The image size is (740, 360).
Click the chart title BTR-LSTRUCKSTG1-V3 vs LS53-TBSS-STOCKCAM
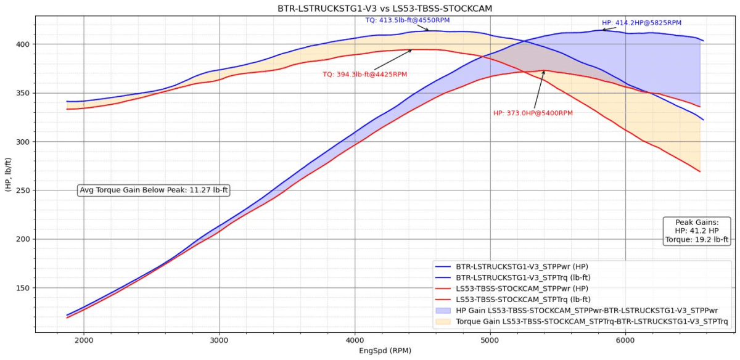369,9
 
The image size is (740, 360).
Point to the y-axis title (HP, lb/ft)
8,174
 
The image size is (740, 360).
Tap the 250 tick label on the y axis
22,190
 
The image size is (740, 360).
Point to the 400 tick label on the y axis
22,44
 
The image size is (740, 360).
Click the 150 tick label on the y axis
22,288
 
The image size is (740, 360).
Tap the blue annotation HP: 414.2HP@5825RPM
641,23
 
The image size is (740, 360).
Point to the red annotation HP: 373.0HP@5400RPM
533,113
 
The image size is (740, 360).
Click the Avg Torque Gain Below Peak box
154,190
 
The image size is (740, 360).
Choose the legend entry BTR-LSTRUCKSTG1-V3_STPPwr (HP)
520,266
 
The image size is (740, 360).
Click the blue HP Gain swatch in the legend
444,311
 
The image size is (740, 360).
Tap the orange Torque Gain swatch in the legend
444,322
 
